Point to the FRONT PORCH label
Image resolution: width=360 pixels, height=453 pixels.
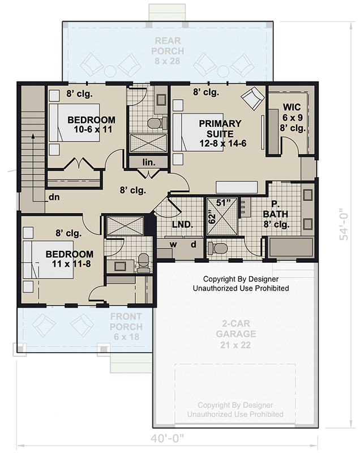126,322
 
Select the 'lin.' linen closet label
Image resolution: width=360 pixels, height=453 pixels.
148,163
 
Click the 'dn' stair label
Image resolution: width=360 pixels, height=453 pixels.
54,197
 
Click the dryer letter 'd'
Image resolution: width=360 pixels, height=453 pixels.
193,244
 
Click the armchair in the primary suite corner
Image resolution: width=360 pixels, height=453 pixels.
252,99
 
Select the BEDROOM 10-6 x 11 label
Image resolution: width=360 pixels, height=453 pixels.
91,125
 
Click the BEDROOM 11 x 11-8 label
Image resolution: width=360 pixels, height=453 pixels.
69,259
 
